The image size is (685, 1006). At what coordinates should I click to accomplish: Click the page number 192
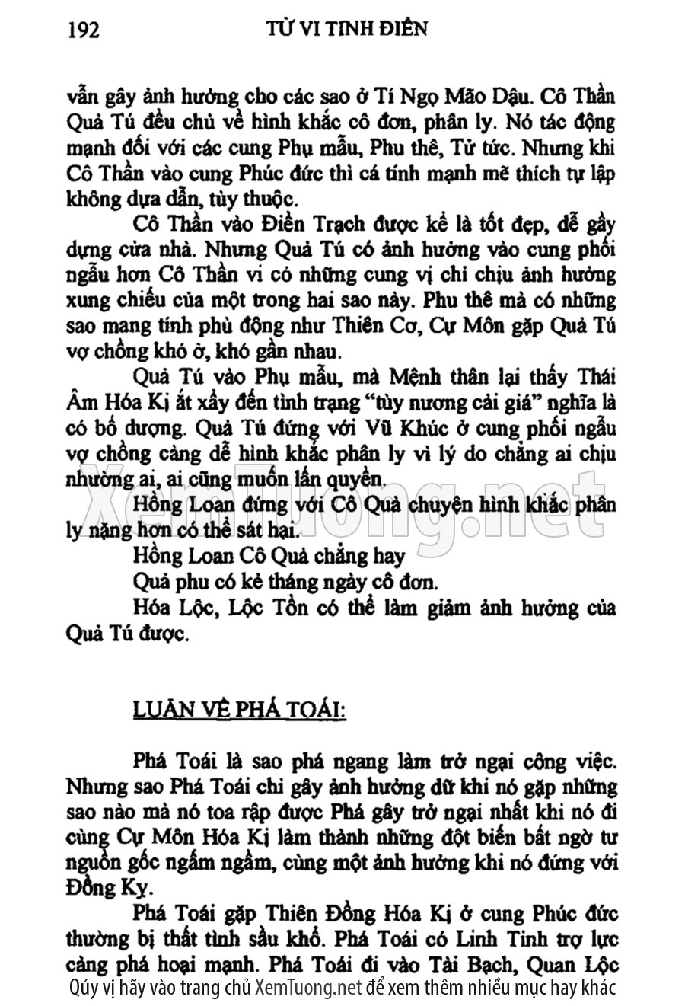pyautogui.click(x=84, y=30)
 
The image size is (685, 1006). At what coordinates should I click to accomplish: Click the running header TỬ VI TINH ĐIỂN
pyautogui.click(x=347, y=28)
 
